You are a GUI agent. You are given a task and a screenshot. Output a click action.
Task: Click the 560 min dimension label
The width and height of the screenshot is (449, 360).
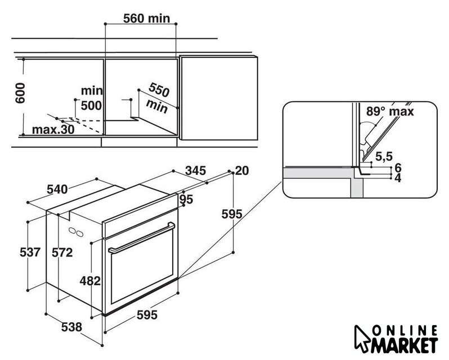pyautogui.click(x=146, y=19)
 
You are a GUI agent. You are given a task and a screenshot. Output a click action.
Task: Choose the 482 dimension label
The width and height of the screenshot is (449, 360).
pyautogui.click(x=90, y=281)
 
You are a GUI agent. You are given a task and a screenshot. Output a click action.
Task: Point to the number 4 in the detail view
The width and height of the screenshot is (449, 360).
pyautogui.click(x=398, y=178)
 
